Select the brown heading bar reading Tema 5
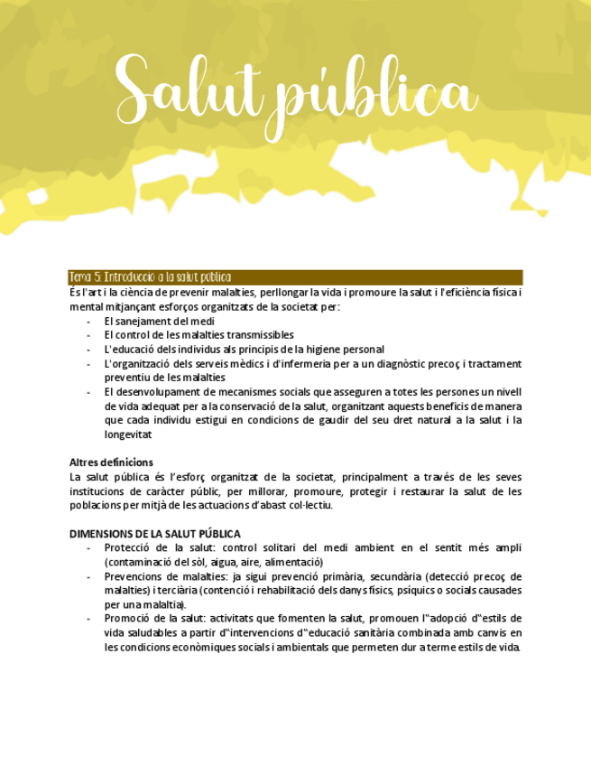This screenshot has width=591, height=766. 296,277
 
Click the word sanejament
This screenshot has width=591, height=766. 141,321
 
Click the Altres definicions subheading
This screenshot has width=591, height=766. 111,462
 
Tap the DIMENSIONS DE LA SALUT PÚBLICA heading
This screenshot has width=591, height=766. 155,534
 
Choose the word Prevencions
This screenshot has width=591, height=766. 135,576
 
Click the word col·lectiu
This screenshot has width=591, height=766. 308,505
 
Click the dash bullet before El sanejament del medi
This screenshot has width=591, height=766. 88,321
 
